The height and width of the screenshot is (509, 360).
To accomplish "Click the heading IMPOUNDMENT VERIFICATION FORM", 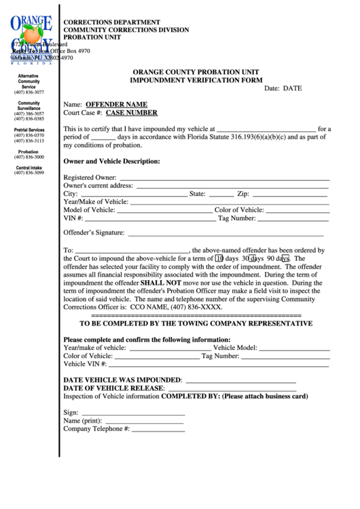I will (x=196, y=80).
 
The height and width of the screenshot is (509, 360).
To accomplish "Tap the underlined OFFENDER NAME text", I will (x=116, y=105).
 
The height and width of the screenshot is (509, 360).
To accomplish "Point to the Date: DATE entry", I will (x=283, y=88).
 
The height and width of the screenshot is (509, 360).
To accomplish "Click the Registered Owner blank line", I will (x=224, y=177).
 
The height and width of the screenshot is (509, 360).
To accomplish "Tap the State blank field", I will (x=221, y=194).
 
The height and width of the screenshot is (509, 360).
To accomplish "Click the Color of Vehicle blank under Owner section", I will (x=298, y=210).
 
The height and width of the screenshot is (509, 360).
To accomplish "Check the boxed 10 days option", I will (x=219, y=259).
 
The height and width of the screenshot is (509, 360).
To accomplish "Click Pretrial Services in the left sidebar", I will (x=29, y=130).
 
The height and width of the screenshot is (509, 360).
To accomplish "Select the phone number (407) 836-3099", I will (x=29, y=173).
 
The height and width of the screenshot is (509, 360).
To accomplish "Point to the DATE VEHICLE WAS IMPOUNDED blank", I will (x=240, y=379).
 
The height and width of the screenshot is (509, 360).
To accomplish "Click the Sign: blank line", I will (x=132, y=413).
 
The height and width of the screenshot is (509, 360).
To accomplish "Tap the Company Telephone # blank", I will (x=158, y=429).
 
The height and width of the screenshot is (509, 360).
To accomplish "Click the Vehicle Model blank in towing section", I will (x=294, y=348).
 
